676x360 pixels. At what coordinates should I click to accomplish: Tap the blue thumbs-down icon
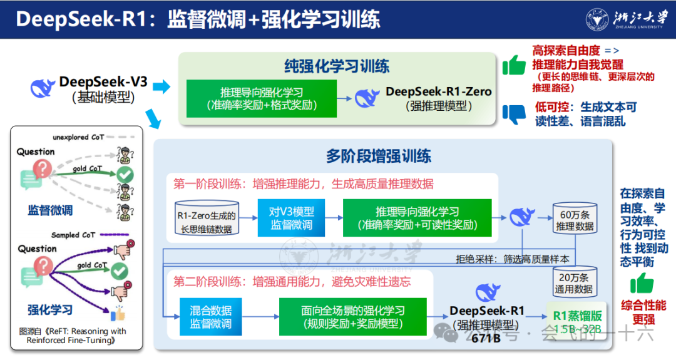[x=515, y=113]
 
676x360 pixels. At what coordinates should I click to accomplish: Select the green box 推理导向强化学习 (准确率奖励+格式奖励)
[x=262, y=98]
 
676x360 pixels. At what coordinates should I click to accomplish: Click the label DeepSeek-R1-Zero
[x=438, y=91]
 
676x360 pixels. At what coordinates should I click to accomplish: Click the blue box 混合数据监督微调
[x=211, y=316]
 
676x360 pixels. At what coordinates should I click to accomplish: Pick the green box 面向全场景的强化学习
[x=352, y=316]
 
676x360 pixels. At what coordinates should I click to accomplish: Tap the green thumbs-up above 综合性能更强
[x=642, y=284]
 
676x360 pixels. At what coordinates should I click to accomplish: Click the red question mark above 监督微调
[x=43, y=168]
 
